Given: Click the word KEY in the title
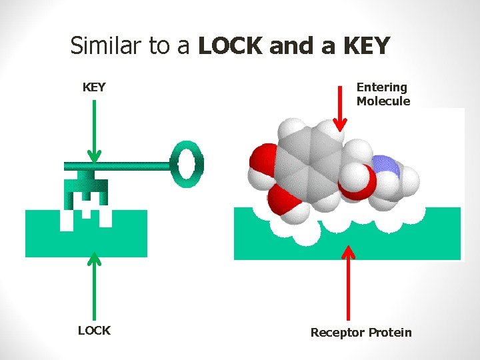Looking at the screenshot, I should (x=366, y=46).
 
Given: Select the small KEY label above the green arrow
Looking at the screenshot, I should (x=94, y=87).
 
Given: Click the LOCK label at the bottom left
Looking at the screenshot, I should (x=94, y=331).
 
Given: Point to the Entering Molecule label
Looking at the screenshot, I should (x=383, y=94).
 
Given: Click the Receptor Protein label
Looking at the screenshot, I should (x=361, y=332).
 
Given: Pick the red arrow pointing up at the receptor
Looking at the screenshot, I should (x=347, y=280).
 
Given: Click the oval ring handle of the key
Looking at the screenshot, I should (x=187, y=163).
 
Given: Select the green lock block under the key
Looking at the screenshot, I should (x=120, y=237).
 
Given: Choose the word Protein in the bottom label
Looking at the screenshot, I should (x=390, y=332).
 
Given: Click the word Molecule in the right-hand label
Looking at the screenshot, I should (x=383, y=101).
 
